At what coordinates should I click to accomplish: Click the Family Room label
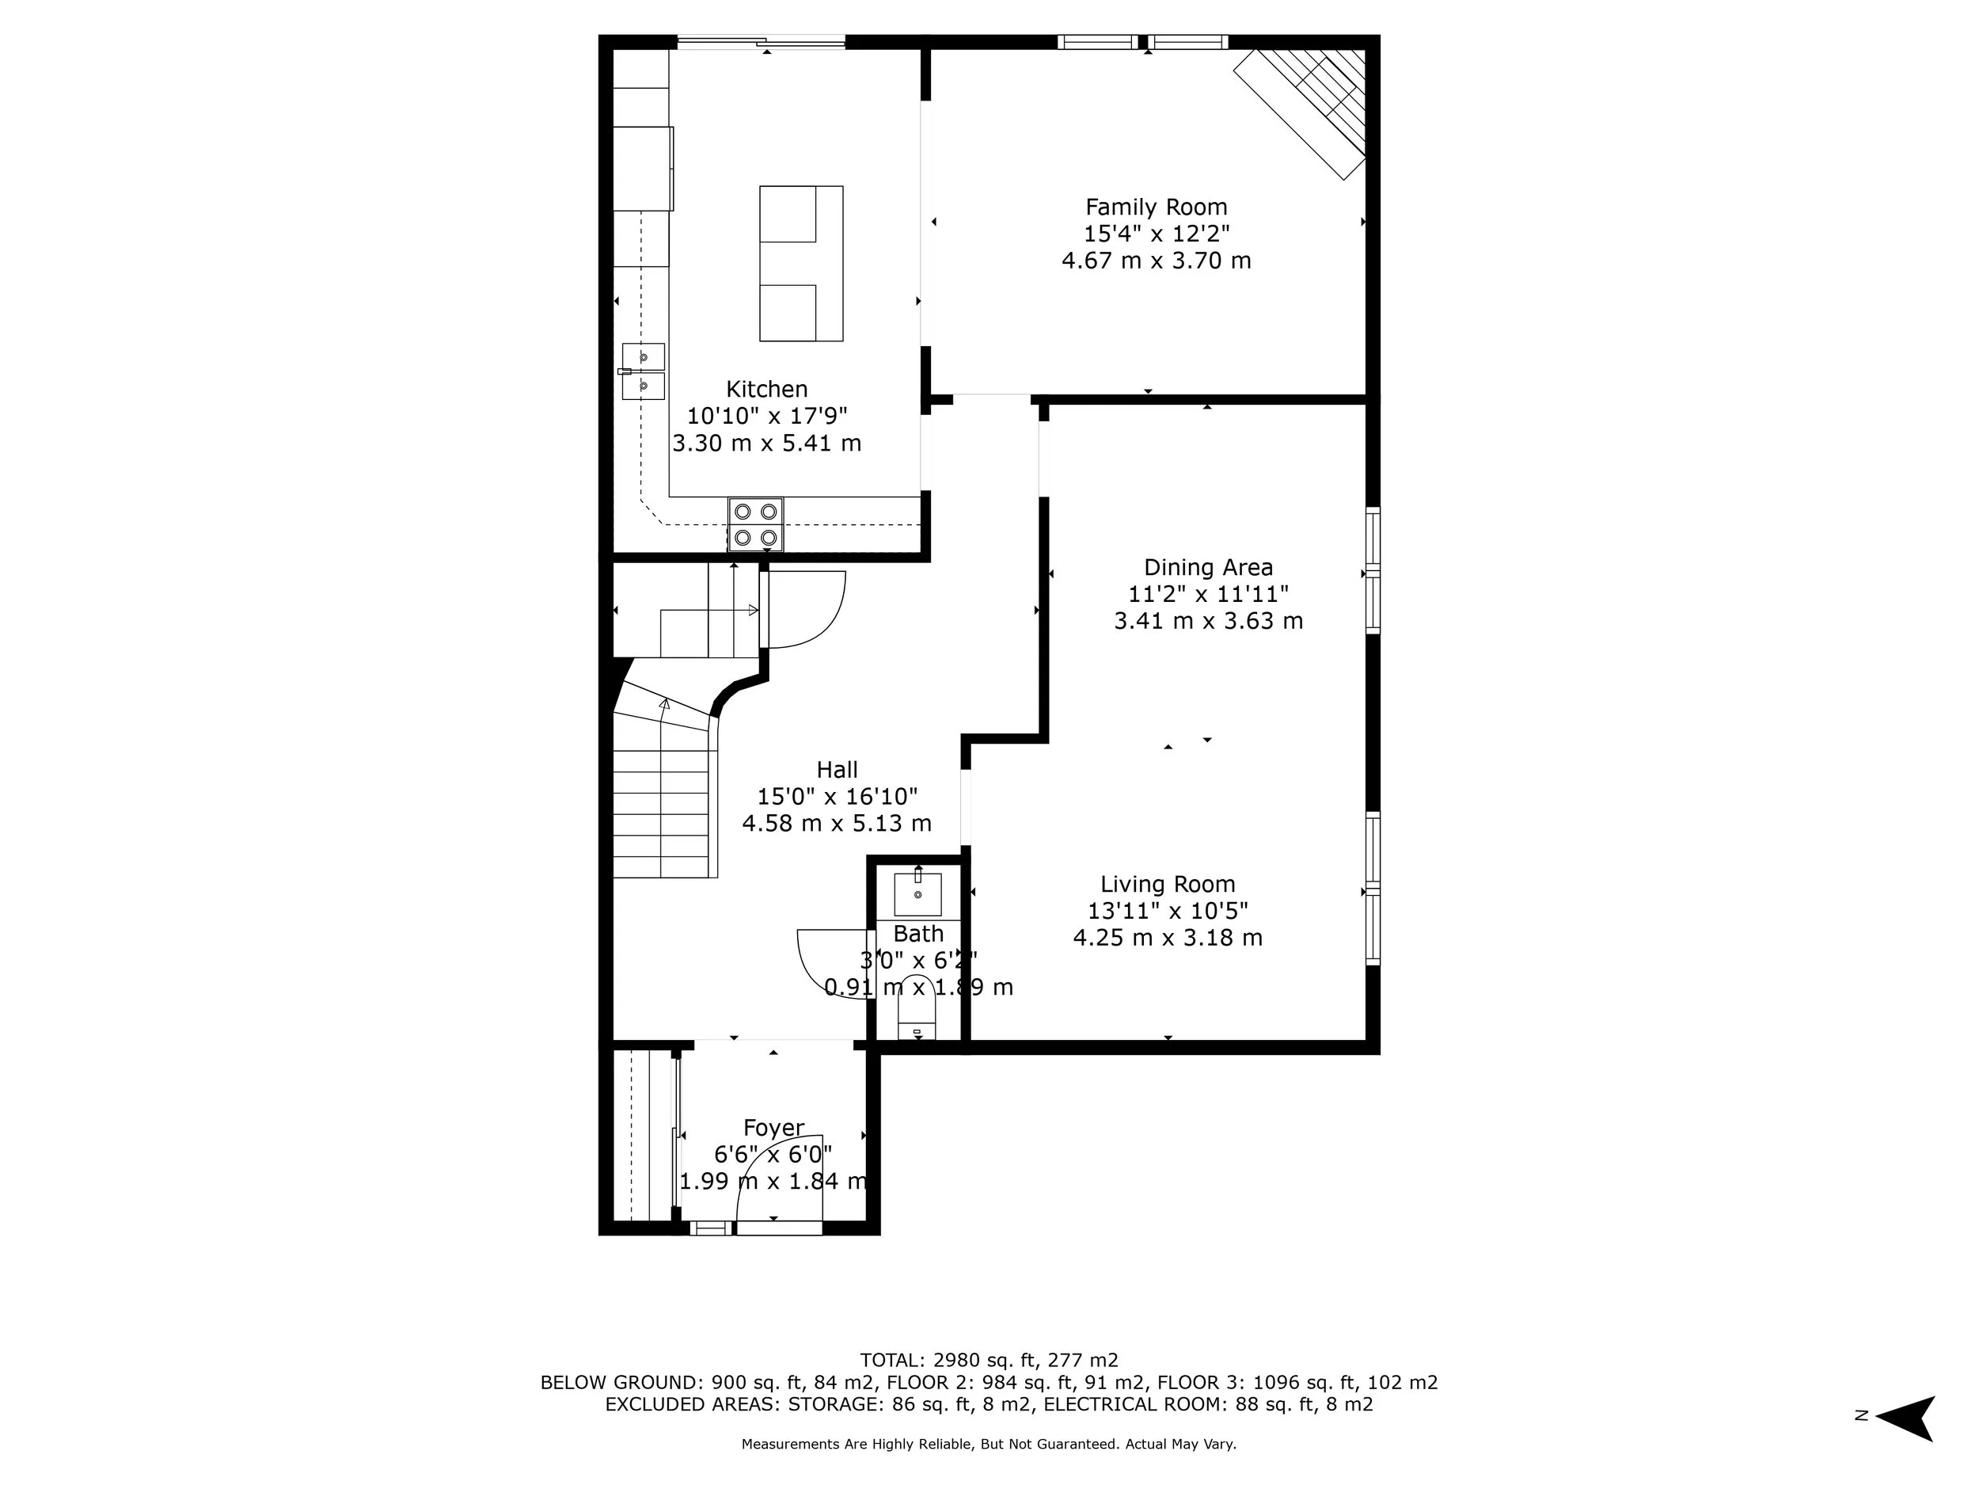tap(1156, 207)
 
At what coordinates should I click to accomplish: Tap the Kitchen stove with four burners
tap(755, 524)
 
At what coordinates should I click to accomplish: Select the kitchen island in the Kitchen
tap(801, 263)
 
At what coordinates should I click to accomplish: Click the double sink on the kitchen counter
tap(644, 371)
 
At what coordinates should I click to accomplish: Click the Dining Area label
tap(1208, 568)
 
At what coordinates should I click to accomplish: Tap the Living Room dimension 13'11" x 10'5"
tap(1168, 912)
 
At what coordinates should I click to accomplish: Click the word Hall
tap(837, 770)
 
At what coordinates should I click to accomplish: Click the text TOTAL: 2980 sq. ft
tap(989, 1361)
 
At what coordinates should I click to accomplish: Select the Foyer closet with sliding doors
tap(642, 1136)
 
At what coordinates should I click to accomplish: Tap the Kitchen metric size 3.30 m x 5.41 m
tap(767, 443)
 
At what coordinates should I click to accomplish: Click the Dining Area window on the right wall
tap(1373, 570)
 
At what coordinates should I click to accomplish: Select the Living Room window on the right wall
tap(1373, 888)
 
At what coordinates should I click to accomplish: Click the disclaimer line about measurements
tap(989, 1444)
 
